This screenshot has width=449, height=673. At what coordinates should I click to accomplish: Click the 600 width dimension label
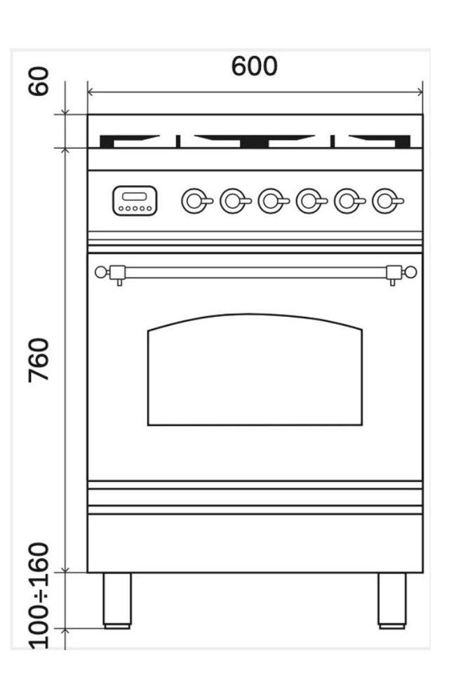pos(255,66)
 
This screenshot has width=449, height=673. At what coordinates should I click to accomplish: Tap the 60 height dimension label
pos(39,81)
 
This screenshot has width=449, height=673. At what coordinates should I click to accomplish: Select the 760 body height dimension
pos(39,360)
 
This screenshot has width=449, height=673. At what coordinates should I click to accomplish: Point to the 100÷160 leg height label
pos(39,596)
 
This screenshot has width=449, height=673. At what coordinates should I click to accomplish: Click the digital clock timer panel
pos(135,200)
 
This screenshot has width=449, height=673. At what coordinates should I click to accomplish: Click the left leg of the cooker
pos(117,601)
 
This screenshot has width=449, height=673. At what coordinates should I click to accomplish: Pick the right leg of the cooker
pos(392,601)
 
